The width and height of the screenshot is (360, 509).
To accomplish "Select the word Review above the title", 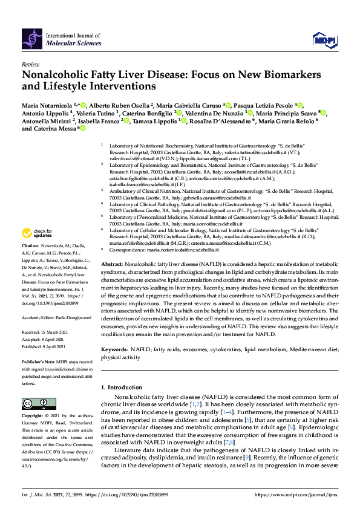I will click(x=30, y=64).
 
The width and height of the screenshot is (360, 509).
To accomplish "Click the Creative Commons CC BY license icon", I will click(x=34, y=403).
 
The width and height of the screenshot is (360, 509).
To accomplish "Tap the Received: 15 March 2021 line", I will click(x=44, y=332).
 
